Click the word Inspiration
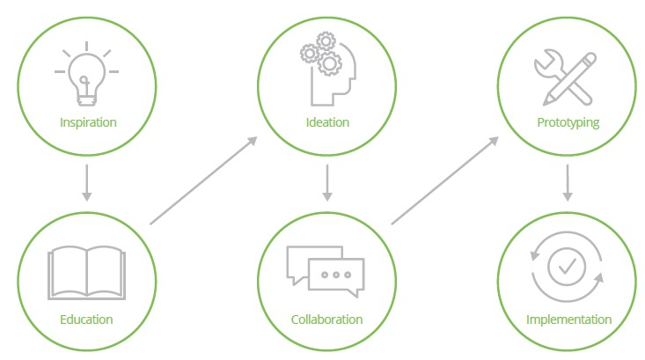pyautogui.click(x=87, y=121)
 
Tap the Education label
pyautogui.click(x=86, y=319)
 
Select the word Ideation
pyautogui.click(x=326, y=121)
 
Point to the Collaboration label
pyautogui.click(x=326, y=319)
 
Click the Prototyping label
pyautogui.click(x=568, y=121)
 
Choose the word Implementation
pyautogui.click(x=568, y=319)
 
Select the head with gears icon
pyautogui.click(x=328, y=69)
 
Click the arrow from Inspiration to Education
pyautogui.click(x=86, y=180)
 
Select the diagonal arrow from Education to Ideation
pyautogui.click(x=203, y=180)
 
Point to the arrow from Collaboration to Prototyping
pyautogui.click(x=444, y=180)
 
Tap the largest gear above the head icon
pyautogui.click(x=330, y=62)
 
